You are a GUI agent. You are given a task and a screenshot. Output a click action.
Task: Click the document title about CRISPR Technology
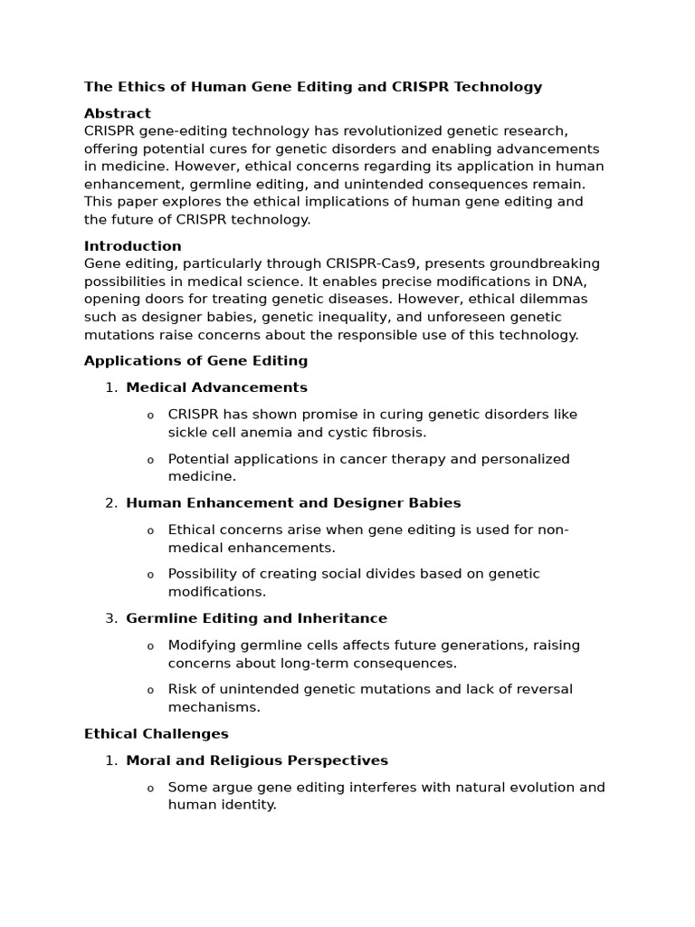pos(313,87)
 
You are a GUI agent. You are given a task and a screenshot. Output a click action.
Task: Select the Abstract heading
pos(118,113)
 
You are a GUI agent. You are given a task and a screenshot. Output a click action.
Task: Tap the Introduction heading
pos(133,246)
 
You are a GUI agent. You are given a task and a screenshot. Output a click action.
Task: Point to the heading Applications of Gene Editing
pos(195,361)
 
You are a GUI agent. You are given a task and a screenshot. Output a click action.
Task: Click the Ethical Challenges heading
pos(156,734)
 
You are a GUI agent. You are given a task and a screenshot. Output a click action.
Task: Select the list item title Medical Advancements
pos(216,387)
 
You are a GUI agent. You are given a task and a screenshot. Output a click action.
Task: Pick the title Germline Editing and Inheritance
pos(256,618)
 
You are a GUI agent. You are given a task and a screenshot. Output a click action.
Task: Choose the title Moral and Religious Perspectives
pos(257,760)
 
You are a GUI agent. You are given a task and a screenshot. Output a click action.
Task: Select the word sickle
pos(187,433)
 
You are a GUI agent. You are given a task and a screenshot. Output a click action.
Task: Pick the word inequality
pos(311,317)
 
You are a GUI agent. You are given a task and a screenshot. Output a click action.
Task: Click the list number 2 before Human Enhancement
pos(110,503)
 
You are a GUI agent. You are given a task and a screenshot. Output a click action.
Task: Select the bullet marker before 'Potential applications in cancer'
pos(150,460)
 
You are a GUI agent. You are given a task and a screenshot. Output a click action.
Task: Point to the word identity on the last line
pos(248,805)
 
